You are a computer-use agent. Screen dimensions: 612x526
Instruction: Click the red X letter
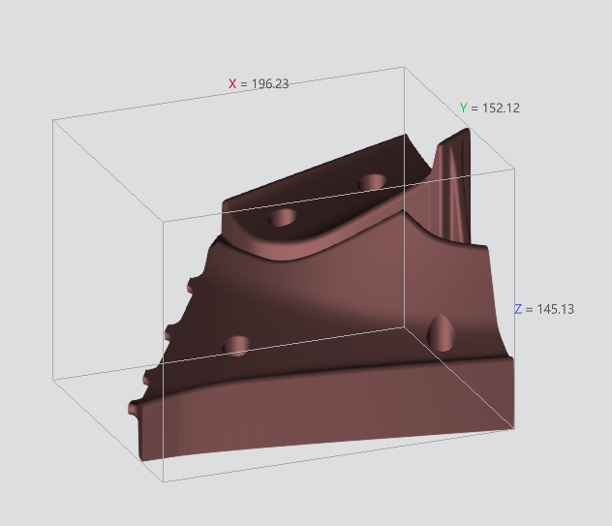point(232,83)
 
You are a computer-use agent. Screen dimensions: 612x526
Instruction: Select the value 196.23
point(270,83)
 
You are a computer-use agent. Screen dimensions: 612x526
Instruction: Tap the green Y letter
point(463,108)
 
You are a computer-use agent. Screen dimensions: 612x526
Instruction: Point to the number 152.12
point(501,108)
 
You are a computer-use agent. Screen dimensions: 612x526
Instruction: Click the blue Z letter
point(518,309)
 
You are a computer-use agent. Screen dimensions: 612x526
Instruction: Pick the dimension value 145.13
point(556,309)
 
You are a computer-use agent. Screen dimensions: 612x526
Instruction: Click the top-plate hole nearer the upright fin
point(372,182)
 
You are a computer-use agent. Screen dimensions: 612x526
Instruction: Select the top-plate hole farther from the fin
point(283,218)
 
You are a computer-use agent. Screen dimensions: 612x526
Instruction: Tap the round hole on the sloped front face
point(236,346)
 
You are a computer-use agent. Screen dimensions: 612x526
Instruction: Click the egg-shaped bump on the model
point(442,333)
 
